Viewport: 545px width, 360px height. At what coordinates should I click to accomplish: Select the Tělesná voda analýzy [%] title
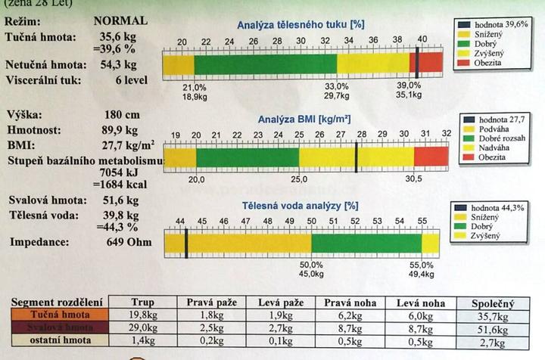[x=300, y=205]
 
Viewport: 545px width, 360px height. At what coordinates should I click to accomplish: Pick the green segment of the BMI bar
[x=247, y=157]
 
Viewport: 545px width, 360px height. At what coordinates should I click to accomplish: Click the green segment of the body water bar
[x=366, y=244]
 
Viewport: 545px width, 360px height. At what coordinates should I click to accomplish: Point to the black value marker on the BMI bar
[x=357, y=157]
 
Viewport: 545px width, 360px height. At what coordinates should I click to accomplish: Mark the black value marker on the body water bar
[x=186, y=244]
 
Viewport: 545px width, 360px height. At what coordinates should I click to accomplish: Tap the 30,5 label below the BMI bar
[x=414, y=180]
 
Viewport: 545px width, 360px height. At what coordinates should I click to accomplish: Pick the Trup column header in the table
[x=142, y=302]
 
